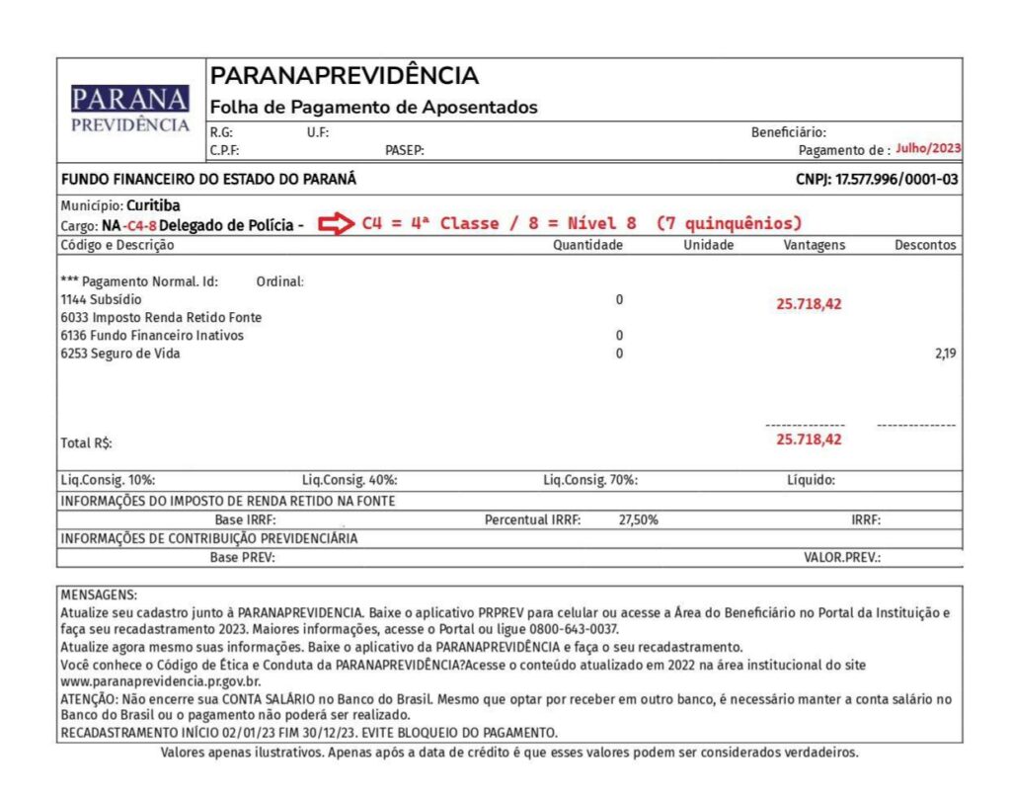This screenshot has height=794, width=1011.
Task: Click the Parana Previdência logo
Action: pos(130,109)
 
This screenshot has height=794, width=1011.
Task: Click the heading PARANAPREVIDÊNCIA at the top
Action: pos(345,76)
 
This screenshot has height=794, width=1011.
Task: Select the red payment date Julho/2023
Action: pos(928,148)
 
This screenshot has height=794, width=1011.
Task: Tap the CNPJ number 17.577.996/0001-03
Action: pos(896,180)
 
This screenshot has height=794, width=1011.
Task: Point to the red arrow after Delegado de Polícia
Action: pos(334,224)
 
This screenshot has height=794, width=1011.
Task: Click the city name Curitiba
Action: pos(153,205)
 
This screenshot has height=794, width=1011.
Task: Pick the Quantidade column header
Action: pos(587,245)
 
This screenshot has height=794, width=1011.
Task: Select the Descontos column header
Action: pos(925,245)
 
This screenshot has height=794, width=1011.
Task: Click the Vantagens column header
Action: pos(814,245)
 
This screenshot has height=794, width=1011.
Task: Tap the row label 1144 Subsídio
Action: pos(101,299)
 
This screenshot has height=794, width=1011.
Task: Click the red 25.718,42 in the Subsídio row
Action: pos(809,304)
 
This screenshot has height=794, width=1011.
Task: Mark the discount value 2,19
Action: pos(946,354)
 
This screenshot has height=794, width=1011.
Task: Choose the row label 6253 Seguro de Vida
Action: pos(120,354)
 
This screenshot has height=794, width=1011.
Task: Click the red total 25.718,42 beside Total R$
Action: pos(809,439)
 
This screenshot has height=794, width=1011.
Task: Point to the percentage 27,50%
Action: pos(638,519)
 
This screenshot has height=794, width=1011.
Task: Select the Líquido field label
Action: pos(811,480)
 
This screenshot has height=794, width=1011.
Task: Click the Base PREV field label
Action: pos(242,557)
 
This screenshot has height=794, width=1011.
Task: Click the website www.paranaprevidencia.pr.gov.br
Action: pos(161,681)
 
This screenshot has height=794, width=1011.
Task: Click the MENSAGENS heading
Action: pos(100,595)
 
